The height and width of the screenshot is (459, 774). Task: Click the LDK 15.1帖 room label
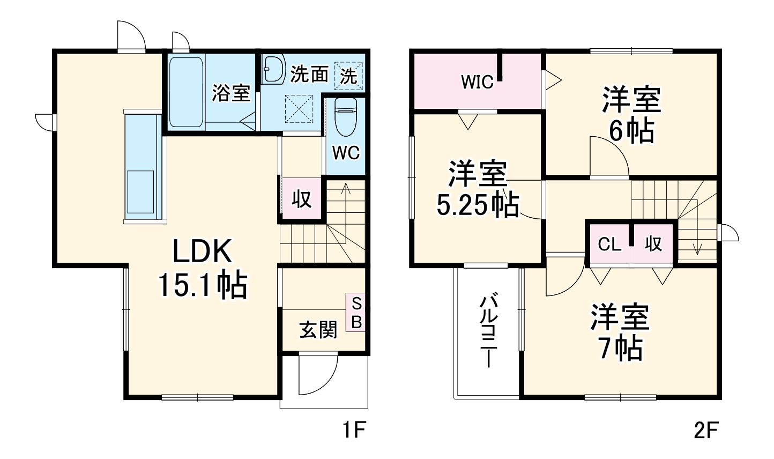click(202, 268)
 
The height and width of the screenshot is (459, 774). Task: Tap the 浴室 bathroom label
click(230, 93)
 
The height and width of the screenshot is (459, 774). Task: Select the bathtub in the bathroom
click(186, 91)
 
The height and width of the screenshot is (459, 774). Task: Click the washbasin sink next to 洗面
click(274, 70)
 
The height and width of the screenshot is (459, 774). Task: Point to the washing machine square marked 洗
click(349, 76)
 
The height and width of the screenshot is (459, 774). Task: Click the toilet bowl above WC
click(345, 117)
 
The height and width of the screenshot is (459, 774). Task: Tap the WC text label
click(346, 153)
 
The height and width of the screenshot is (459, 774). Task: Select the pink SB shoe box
click(356, 313)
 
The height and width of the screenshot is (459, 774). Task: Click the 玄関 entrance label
click(318, 329)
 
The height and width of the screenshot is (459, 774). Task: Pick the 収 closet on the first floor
click(302, 199)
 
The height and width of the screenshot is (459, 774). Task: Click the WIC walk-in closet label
click(477, 82)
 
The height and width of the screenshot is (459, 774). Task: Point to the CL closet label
click(609, 245)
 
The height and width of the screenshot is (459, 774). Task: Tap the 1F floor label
click(354, 430)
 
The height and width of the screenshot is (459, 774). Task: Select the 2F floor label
click(706, 430)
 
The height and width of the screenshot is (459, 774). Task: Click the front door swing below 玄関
click(316, 375)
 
